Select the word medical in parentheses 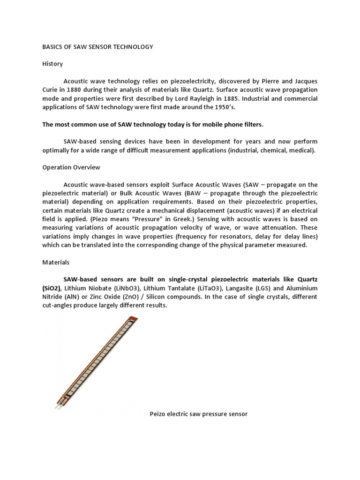pyautogui.click(x=302, y=150)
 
